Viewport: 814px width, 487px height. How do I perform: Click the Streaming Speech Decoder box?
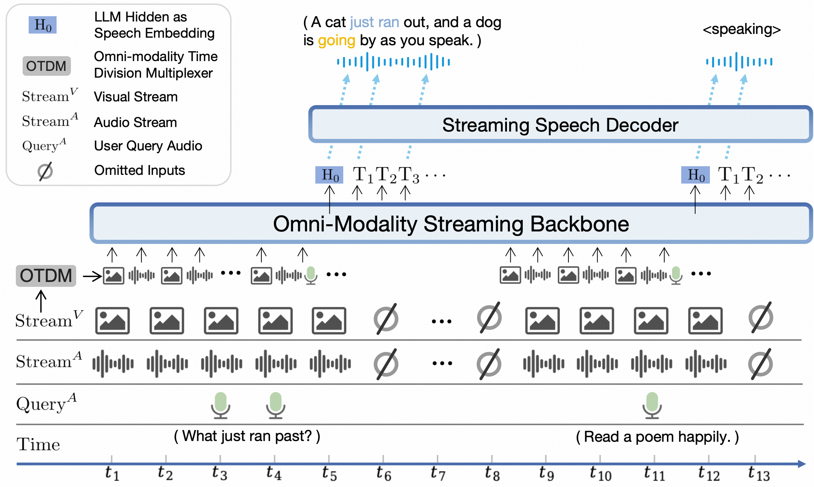[560, 125]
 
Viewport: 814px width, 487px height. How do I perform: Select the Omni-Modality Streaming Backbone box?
[451, 224]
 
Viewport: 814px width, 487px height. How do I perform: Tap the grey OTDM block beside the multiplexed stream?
[46, 276]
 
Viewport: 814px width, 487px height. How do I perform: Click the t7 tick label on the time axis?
[438, 473]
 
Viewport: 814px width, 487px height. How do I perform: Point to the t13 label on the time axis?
[758, 473]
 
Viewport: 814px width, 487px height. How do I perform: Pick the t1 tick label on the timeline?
[112, 473]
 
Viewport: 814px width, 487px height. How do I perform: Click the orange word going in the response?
[336, 40]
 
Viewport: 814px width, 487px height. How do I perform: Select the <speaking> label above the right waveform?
[741, 29]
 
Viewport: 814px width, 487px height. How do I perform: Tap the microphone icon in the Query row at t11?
[652, 405]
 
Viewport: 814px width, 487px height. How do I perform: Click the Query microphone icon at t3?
[220, 405]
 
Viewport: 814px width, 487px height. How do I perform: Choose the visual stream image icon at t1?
[112, 320]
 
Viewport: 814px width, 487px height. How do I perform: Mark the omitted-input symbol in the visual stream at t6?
[386, 319]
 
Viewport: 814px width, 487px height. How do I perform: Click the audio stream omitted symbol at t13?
[760, 364]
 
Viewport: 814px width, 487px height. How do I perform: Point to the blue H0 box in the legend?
[43, 25]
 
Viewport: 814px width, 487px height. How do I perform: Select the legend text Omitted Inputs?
[140, 170]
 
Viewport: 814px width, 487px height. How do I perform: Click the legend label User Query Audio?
[148, 146]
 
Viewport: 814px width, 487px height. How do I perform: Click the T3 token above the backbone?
[409, 175]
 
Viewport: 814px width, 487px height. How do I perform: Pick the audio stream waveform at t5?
[330, 364]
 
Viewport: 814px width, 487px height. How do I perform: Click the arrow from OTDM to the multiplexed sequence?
[92, 276]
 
